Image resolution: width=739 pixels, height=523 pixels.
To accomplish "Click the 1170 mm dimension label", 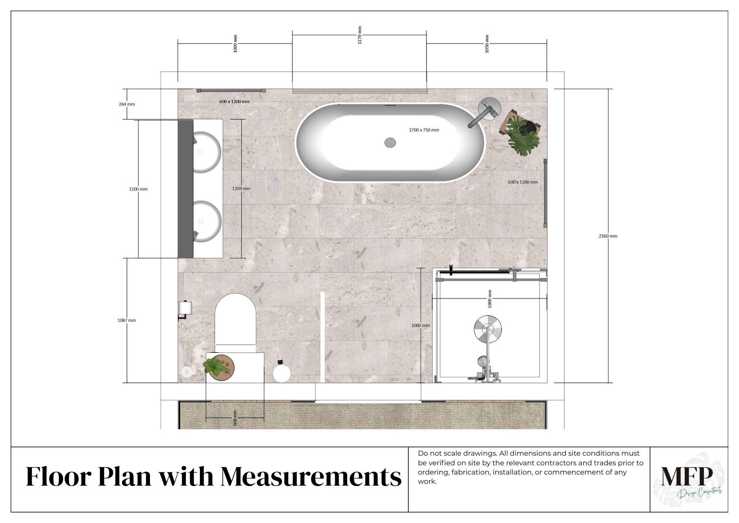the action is click(x=360, y=35).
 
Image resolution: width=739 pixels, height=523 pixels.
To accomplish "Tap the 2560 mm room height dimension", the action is click(x=608, y=236).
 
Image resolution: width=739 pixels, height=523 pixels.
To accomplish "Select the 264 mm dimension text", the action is click(x=127, y=104).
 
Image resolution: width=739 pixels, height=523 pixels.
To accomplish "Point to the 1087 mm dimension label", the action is click(x=127, y=320).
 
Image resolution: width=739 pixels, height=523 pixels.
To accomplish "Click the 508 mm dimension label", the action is click(x=235, y=418).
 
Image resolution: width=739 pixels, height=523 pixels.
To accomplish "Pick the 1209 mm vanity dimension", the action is click(x=241, y=189).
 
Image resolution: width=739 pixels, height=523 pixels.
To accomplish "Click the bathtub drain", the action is click(x=390, y=142).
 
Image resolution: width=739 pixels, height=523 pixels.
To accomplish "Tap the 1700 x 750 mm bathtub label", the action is click(x=424, y=130).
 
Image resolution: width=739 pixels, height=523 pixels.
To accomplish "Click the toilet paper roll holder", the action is click(x=185, y=309).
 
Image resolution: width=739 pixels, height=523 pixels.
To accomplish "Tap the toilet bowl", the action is click(x=235, y=320).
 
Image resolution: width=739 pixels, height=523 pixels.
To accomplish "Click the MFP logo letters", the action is click(x=687, y=476).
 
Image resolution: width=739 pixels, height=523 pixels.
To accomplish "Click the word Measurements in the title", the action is click(x=311, y=477).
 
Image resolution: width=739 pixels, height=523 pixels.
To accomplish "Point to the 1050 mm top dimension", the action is click(x=487, y=44).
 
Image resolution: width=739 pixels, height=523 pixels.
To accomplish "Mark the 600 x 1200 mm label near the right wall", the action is click(x=523, y=182).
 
